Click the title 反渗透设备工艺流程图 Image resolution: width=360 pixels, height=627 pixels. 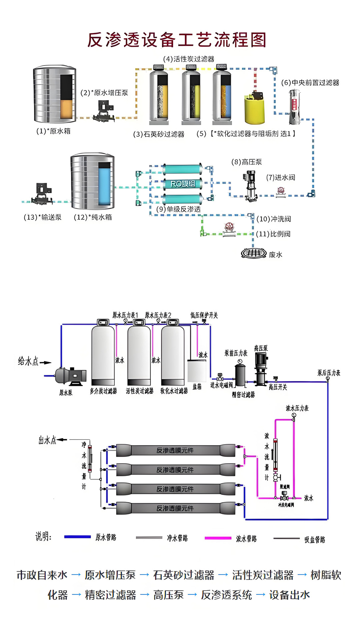click(177, 40)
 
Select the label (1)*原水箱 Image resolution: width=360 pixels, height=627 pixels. click(53, 131)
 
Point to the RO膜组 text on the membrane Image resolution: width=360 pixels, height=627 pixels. click(183, 184)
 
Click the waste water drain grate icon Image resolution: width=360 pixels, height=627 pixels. click(254, 253)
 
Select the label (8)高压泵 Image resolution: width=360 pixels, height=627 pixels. click(247, 162)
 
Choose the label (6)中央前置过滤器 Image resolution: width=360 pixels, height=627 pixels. click(310, 83)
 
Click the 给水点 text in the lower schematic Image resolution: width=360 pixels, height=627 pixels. click(28, 361)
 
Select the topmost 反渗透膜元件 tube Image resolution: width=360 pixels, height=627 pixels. click(176, 450)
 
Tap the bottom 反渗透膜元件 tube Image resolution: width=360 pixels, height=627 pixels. click(176, 508)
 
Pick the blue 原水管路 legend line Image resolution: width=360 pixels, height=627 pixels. click(77, 537)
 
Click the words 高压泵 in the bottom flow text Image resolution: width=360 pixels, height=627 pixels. click(168, 595)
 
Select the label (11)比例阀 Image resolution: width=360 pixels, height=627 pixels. click(273, 234)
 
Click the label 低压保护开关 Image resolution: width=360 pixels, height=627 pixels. click(204, 315)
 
